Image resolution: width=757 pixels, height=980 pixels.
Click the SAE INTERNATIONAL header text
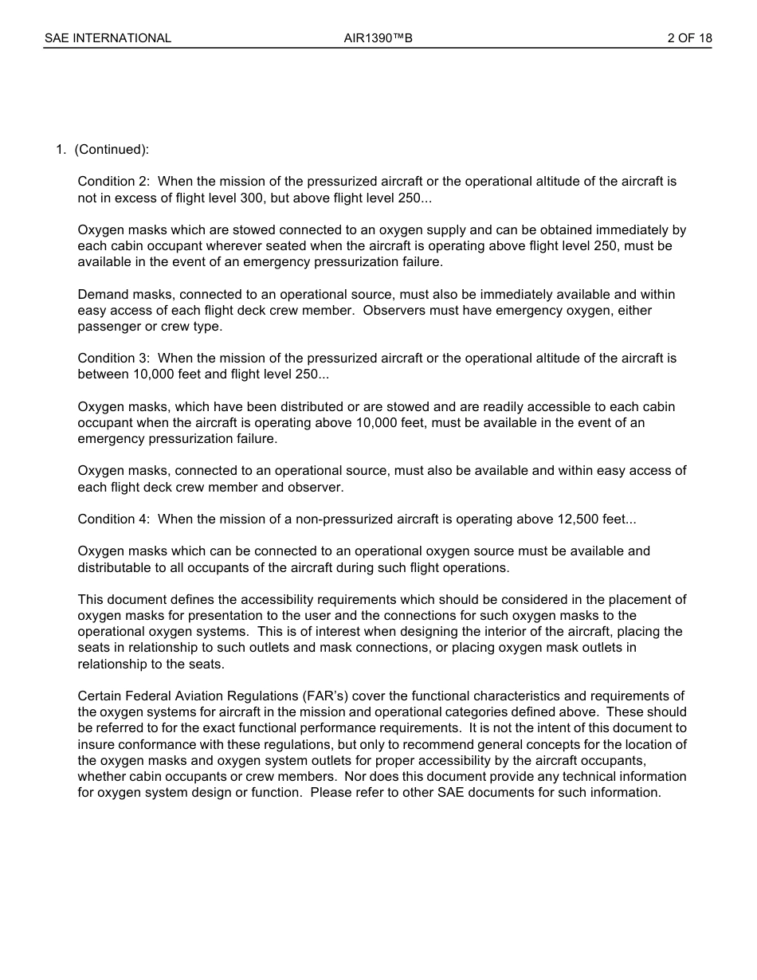tap(108, 38)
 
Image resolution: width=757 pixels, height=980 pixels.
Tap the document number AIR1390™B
tap(378, 38)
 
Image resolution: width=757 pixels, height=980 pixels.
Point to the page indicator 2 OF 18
tap(689, 38)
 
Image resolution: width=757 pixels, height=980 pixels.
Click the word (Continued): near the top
tap(112, 150)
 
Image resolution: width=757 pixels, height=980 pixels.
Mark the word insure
tap(95, 745)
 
